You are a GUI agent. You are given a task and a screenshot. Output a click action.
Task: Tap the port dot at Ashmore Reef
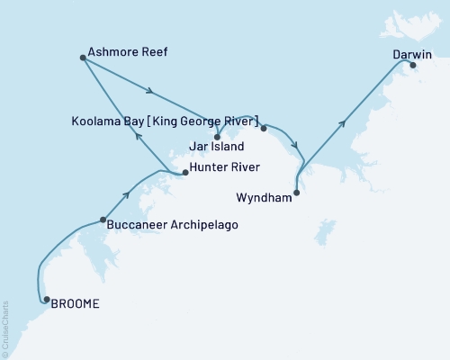[x=83, y=58]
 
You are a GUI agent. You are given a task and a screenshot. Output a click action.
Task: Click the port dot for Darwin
[x=413, y=66]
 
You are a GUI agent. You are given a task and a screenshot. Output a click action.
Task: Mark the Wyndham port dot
[x=297, y=191]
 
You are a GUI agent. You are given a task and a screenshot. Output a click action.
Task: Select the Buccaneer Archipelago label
[x=172, y=224]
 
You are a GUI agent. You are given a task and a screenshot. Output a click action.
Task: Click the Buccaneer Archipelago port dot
[x=103, y=220]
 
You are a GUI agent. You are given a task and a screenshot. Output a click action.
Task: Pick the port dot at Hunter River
[x=184, y=172]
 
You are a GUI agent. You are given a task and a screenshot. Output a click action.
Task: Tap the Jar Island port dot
[x=217, y=137]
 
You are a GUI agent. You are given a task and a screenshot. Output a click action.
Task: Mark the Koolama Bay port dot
[x=264, y=128]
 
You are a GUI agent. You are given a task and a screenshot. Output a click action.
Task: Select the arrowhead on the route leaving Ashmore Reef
[x=150, y=91]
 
